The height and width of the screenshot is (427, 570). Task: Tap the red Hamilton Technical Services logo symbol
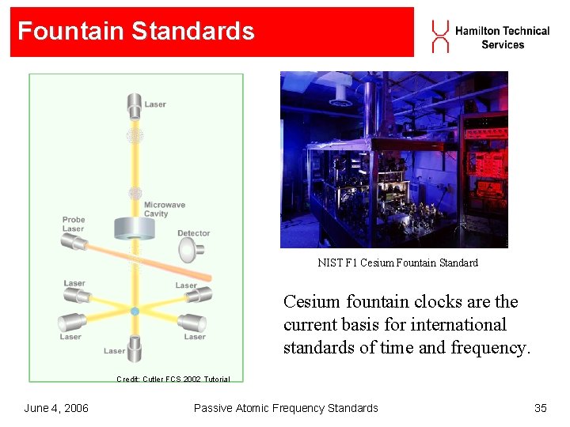[x=440, y=36]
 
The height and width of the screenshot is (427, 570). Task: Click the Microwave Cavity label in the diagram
[x=164, y=210]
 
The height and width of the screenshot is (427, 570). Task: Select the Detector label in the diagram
[x=193, y=233]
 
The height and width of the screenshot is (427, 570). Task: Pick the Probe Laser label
[x=74, y=225]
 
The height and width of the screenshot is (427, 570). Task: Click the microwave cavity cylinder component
[x=134, y=227]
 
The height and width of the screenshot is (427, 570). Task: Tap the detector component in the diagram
[x=190, y=250]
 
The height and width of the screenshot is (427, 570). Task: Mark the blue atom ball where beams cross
[x=135, y=312]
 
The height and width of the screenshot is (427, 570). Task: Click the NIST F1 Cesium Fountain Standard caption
[x=397, y=263]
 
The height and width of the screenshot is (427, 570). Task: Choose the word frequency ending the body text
[x=488, y=346]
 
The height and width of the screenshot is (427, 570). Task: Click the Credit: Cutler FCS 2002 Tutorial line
[x=173, y=380]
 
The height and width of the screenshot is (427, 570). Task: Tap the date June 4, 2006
[x=56, y=408]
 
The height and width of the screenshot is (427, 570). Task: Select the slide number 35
[x=541, y=408]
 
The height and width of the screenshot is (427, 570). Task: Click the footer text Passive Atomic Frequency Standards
[x=286, y=408]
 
